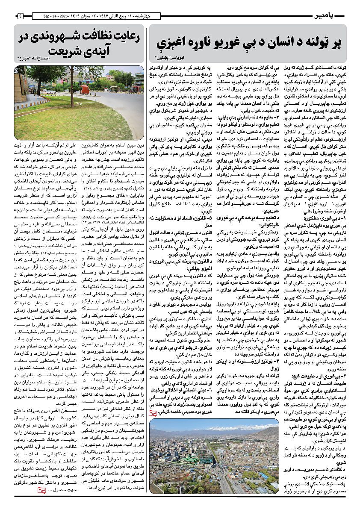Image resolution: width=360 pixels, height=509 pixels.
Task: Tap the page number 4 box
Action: point(20,16)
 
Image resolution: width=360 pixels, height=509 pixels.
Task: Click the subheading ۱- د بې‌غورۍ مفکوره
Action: point(325,217)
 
